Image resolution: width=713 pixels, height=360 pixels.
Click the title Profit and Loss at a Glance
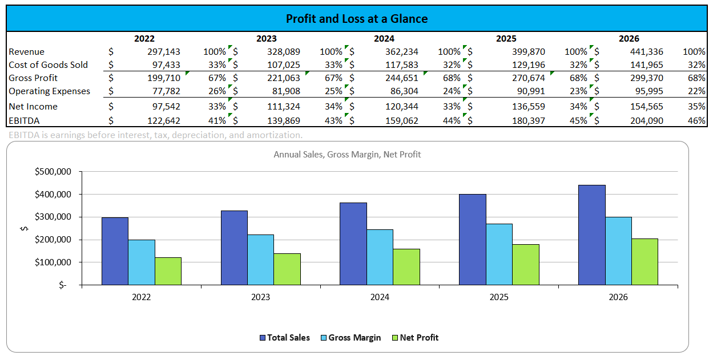356,19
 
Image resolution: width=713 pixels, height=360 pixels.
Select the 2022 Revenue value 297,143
163,52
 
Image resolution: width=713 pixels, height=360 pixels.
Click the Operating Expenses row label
49,91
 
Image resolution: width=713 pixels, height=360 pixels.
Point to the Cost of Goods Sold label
48,65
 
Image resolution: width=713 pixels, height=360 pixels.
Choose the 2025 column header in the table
506,39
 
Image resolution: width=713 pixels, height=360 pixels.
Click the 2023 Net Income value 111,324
283,107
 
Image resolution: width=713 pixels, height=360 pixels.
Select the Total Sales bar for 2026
591,234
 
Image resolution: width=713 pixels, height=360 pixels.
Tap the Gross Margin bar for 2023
260,260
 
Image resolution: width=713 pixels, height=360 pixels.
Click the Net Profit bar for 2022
168,271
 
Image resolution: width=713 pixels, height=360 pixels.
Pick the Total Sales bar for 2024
353,244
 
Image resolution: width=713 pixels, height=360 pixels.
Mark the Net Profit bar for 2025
526,264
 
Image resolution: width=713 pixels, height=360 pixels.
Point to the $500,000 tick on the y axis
53,171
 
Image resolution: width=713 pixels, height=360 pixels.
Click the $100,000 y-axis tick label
53,262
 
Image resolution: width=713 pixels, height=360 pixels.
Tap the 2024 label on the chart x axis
380,297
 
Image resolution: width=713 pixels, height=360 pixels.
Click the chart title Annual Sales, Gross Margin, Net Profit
347,155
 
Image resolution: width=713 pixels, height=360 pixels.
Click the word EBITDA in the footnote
22,135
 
